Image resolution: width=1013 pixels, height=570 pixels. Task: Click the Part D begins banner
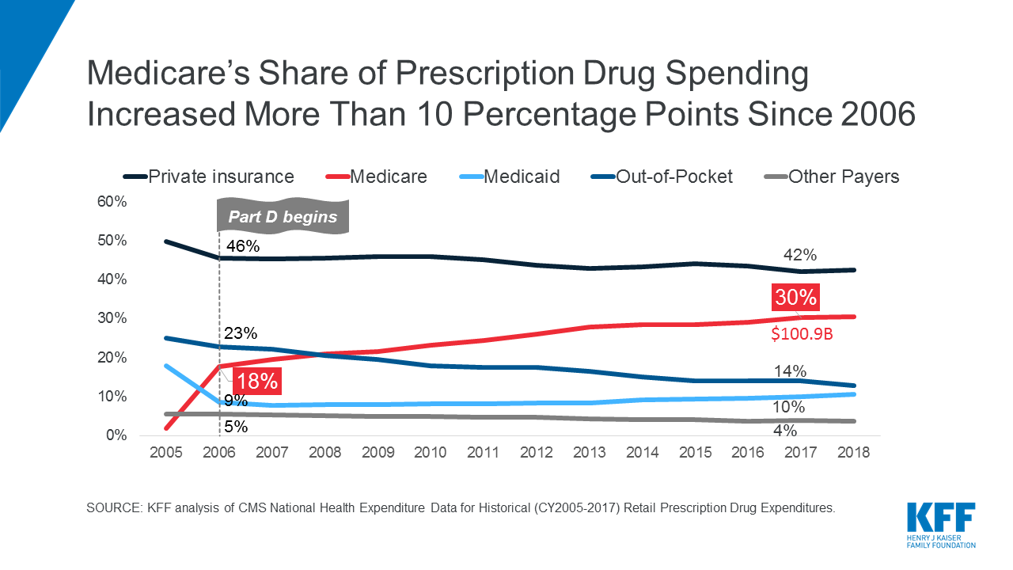pos(283,217)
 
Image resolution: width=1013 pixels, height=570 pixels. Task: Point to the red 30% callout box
pos(795,299)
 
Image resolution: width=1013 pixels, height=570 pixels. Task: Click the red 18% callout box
pos(257,381)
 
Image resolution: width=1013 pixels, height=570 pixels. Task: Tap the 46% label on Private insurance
pos(243,246)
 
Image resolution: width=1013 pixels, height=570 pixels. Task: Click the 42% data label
pos(800,255)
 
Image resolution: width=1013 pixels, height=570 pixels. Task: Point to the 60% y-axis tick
pos(112,202)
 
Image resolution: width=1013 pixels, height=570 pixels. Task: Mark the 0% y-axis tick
pos(116,435)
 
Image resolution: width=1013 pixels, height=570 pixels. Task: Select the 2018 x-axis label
pos(853,453)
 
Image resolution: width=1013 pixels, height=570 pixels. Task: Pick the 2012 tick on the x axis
pos(536,453)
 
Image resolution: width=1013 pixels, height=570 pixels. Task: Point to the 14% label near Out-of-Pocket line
pos(790,371)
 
